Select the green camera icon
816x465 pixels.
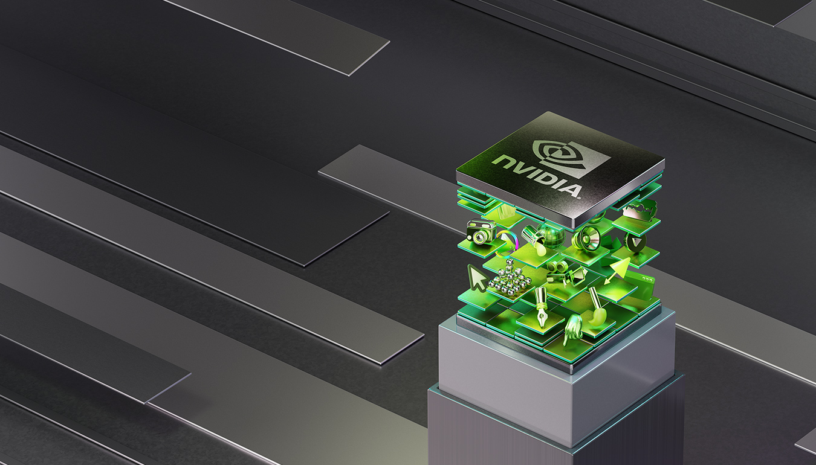481,232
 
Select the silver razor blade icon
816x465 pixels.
641,212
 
